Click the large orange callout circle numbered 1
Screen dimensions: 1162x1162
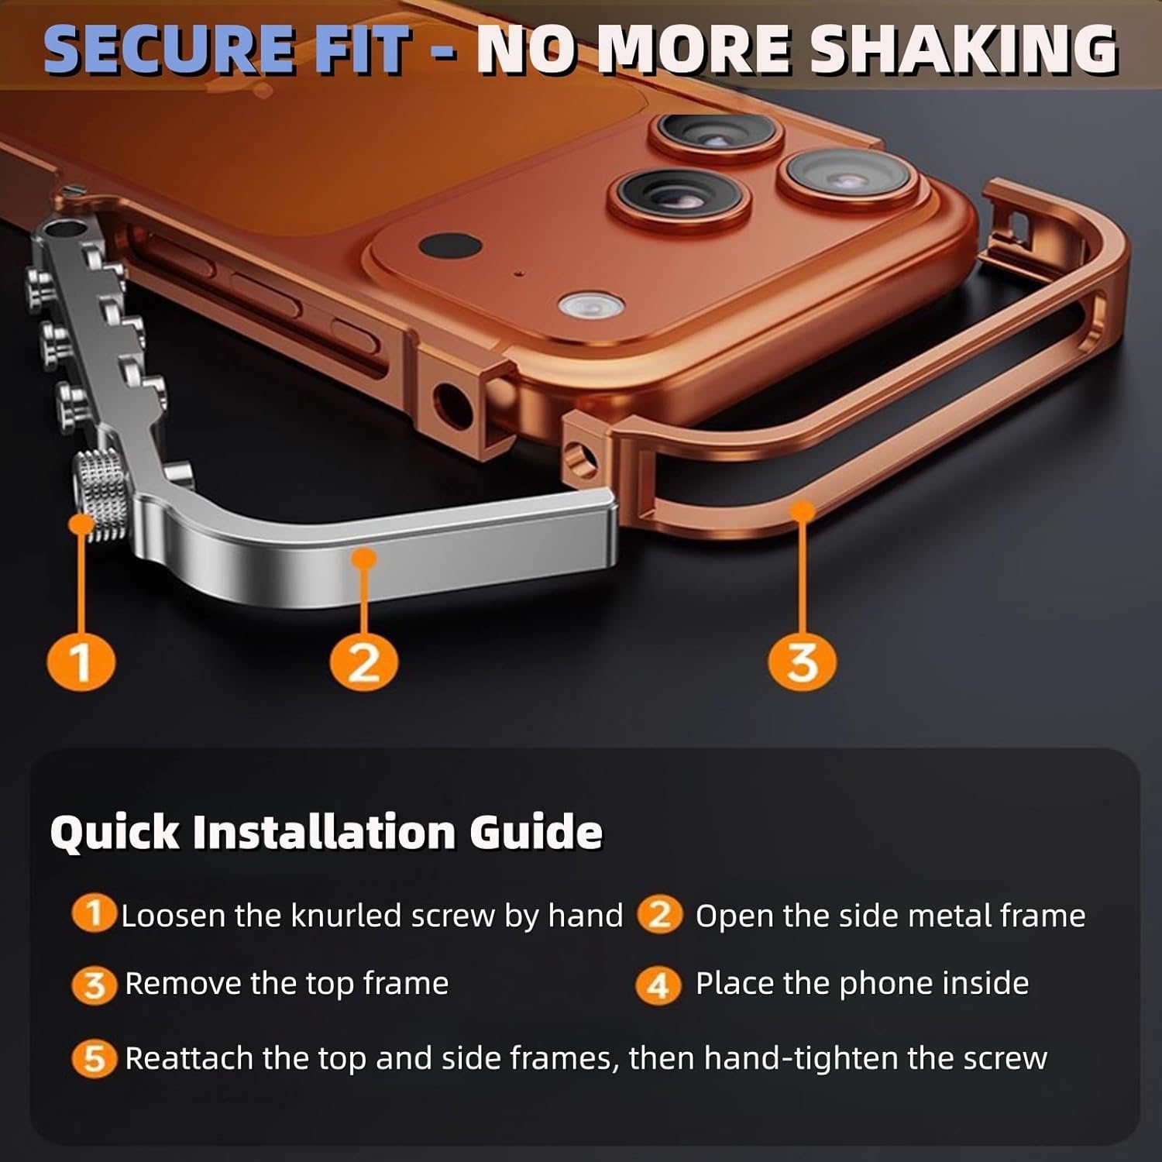point(81,662)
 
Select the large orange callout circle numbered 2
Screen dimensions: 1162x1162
point(363,662)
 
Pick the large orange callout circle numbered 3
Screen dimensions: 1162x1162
point(802,662)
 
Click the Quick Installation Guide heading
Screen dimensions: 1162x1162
point(326,832)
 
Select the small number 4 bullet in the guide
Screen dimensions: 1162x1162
point(658,985)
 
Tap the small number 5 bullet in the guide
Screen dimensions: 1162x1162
point(94,1058)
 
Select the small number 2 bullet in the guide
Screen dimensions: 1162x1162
point(659,915)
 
